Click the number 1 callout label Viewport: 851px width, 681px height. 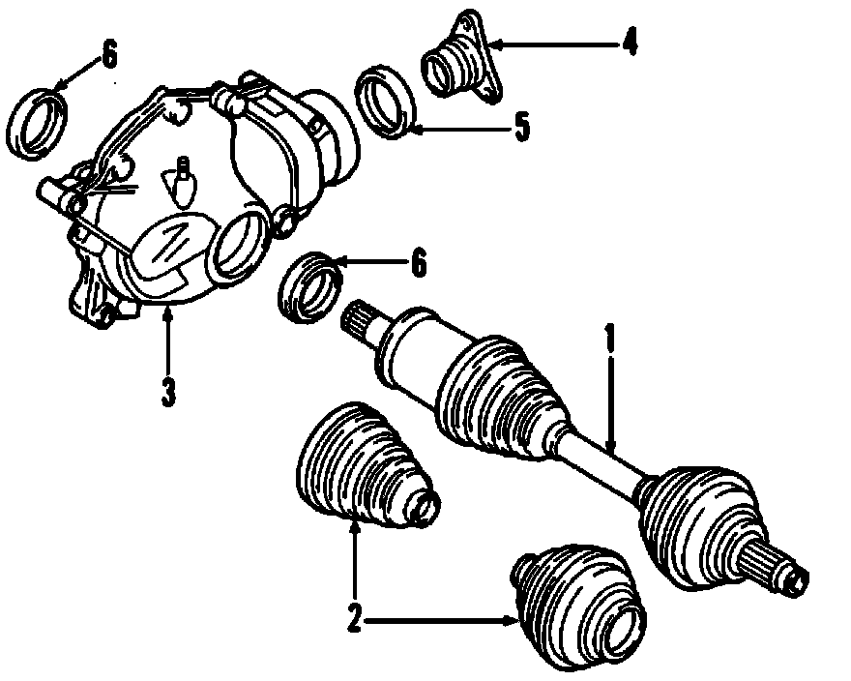[610, 339]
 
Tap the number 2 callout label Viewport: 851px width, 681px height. [354, 616]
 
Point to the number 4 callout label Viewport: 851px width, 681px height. [629, 43]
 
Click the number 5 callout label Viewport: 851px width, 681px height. [521, 127]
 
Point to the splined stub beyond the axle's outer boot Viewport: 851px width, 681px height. [779, 566]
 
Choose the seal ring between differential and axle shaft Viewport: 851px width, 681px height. [309, 284]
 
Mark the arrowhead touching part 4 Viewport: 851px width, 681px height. [495, 44]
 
